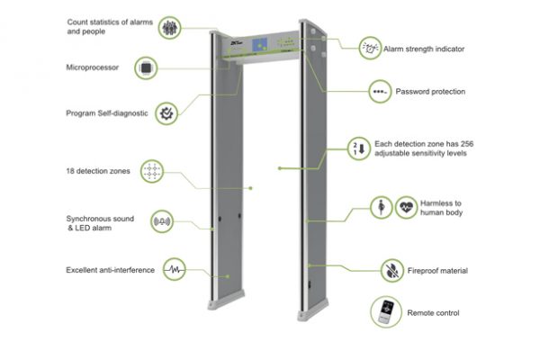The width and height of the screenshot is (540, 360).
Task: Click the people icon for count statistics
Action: click(170, 27)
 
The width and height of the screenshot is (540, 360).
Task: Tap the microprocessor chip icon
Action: click(147, 67)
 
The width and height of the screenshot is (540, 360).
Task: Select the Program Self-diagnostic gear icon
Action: click(167, 113)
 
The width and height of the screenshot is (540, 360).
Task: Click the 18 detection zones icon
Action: click(152, 171)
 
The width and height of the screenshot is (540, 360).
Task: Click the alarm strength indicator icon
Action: click(369, 47)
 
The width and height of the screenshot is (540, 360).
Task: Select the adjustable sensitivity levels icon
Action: click(358, 148)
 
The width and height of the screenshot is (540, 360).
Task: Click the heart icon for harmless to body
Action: click(407, 206)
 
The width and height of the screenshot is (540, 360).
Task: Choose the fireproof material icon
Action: click(391, 269)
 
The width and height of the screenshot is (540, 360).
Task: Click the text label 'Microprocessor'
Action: click(92, 67)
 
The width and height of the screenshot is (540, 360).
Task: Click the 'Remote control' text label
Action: click(434, 312)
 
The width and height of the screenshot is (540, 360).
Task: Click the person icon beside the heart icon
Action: click(382, 206)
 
